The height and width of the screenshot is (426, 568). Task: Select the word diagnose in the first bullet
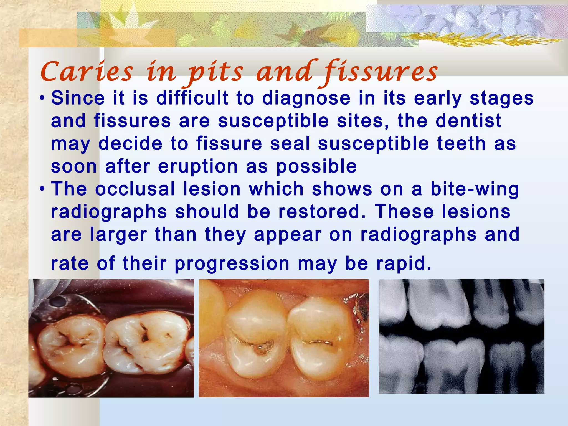pyautogui.click(x=306, y=98)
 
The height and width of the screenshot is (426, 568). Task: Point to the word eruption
pyautogui.click(x=198, y=167)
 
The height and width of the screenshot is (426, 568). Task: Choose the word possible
pyautogui.click(x=316, y=167)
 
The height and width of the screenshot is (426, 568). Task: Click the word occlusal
pyautogui.click(x=135, y=189)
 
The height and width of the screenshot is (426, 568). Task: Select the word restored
pyautogui.click(x=322, y=212)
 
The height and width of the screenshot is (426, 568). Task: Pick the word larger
pyautogui.click(x=118, y=235)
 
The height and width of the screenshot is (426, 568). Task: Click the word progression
pyautogui.click(x=232, y=263)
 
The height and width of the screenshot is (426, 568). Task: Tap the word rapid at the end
pyautogui.click(x=404, y=263)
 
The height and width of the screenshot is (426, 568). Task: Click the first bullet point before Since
pyautogui.click(x=42, y=99)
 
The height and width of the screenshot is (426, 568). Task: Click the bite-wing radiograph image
pyautogui.click(x=461, y=336)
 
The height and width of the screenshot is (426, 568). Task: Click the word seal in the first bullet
pyautogui.click(x=290, y=144)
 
